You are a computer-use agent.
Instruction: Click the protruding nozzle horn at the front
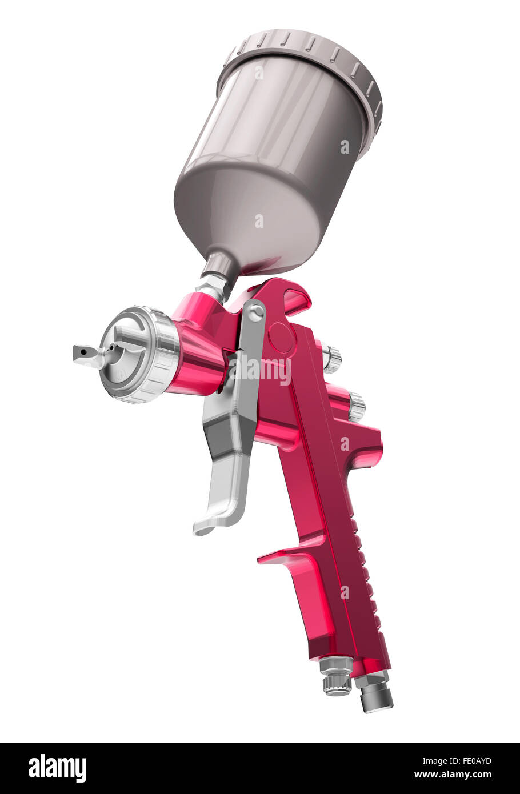[x=86, y=354]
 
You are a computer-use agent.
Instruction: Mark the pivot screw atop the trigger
[x=255, y=312]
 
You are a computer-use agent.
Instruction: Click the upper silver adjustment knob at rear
[x=331, y=359]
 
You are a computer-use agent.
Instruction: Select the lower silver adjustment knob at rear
[x=356, y=407]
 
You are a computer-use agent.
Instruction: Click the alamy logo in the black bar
[x=57, y=768]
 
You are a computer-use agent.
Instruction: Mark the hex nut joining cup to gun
[x=211, y=286]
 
